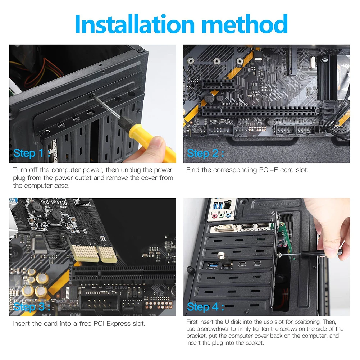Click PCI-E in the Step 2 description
coord(261,170)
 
